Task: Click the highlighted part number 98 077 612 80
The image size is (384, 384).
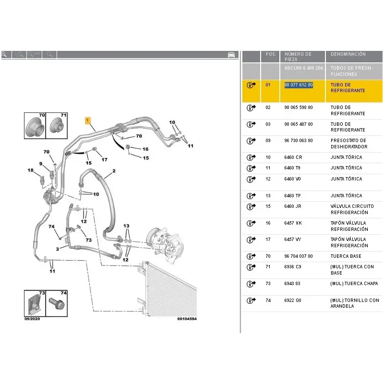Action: pos(298,85)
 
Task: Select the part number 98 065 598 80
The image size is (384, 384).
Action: pos(298,108)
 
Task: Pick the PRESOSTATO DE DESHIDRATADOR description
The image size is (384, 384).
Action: pos(349,144)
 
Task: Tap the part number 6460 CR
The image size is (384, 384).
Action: pos(293,157)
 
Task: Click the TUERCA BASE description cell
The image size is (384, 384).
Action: pos(346,256)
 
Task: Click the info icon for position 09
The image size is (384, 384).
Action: pos(251,141)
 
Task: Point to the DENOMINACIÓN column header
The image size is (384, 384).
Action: pos(348,54)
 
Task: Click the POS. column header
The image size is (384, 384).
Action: pos(271,54)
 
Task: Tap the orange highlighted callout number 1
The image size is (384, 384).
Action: pos(88,120)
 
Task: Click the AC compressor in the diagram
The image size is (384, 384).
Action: pos(163,244)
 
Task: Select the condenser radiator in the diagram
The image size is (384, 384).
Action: pos(169,289)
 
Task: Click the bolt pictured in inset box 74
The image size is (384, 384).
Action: pos(57,303)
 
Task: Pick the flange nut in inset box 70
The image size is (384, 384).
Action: pos(35,126)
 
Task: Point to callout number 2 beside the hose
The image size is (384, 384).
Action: pos(114,171)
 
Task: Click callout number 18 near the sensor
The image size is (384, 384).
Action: pos(30,170)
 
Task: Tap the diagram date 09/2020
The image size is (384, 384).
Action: pos(32,319)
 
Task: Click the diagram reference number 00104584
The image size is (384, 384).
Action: pos(187,319)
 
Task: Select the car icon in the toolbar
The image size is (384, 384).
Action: pos(231,55)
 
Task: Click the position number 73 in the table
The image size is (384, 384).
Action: pos(268,284)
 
